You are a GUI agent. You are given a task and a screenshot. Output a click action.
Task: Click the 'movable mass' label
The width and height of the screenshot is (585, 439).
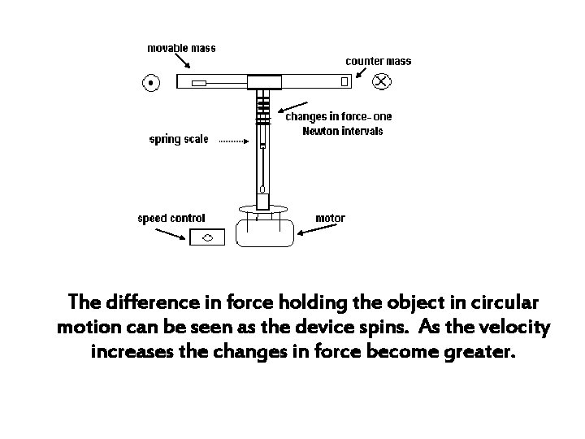(x=181, y=48)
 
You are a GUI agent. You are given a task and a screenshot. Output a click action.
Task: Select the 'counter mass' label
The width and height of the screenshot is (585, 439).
(x=379, y=61)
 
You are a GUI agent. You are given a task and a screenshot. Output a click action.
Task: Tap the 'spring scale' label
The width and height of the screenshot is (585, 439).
(x=179, y=139)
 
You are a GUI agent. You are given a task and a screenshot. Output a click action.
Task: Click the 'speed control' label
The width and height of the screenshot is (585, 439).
(x=171, y=218)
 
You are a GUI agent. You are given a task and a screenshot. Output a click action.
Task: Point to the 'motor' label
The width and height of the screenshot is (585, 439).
(x=330, y=218)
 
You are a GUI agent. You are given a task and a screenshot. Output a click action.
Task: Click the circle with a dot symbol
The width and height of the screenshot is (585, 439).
(x=151, y=81)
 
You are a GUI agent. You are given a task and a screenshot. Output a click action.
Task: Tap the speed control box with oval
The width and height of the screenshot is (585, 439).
(x=207, y=237)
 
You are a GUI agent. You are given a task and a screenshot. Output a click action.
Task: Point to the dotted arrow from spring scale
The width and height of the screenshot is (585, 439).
(x=236, y=141)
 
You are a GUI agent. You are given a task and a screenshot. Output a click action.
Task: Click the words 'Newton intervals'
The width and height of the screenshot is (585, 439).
(x=341, y=130)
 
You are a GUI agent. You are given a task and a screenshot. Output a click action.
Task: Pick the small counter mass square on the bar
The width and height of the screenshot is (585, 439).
(x=344, y=81)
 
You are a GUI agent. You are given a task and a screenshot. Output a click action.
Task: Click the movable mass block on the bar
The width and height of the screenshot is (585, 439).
(x=199, y=82)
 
